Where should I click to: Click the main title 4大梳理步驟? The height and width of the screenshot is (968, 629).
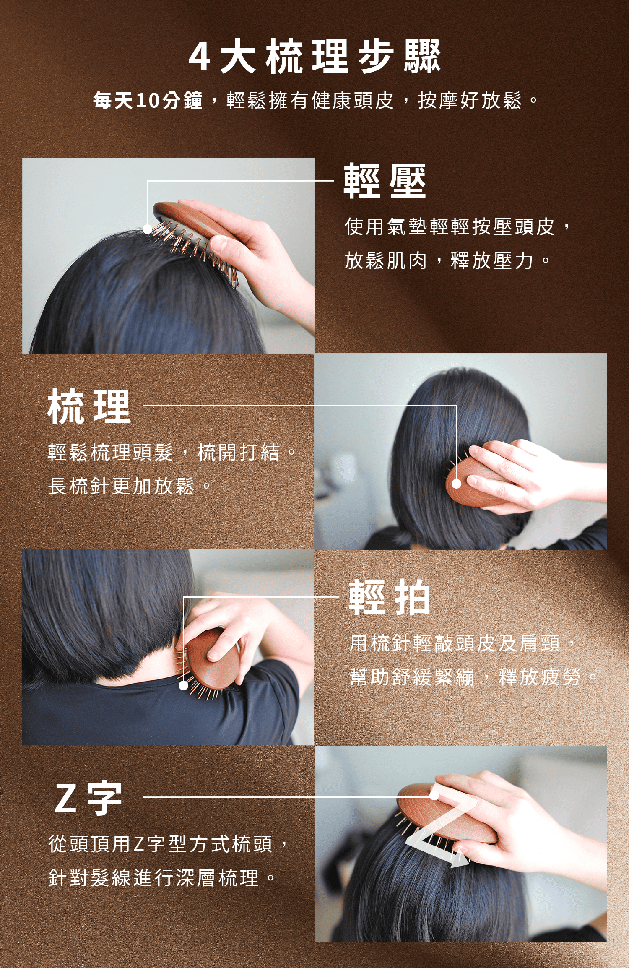point(314,56)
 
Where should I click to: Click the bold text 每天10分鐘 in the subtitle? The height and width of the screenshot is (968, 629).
point(148,101)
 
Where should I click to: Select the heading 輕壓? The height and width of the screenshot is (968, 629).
point(385,181)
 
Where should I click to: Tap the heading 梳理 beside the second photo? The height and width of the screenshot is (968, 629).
point(89,406)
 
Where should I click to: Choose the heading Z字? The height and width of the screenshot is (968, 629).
point(88,798)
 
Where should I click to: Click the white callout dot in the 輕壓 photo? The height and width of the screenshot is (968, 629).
point(147,229)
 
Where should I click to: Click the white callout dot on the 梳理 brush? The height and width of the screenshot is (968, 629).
point(456,484)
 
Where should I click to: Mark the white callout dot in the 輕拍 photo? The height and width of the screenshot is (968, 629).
point(183,685)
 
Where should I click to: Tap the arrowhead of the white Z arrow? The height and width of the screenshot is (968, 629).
point(460,860)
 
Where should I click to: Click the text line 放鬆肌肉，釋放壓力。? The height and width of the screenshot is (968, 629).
point(447,261)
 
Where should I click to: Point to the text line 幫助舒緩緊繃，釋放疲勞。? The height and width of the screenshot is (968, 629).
point(474,677)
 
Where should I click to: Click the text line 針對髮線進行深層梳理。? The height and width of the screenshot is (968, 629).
point(163,877)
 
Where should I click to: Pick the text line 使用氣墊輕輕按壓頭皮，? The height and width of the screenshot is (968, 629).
point(457,227)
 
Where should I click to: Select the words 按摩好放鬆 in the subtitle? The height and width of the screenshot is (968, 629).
point(470,101)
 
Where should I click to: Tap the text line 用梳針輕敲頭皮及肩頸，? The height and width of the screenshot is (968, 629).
point(463,643)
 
